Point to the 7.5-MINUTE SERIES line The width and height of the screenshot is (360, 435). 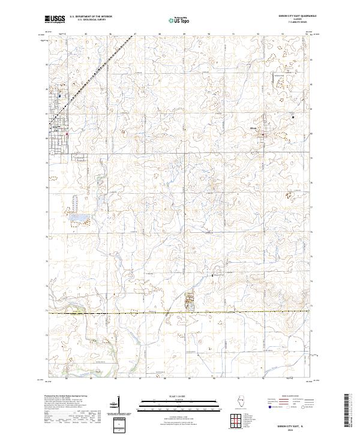[x=289, y=23]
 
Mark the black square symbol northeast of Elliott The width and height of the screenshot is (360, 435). [x=293, y=117]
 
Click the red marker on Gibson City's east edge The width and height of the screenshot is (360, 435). [x=67, y=134]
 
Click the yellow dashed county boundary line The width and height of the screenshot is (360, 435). [x=180, y=313]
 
